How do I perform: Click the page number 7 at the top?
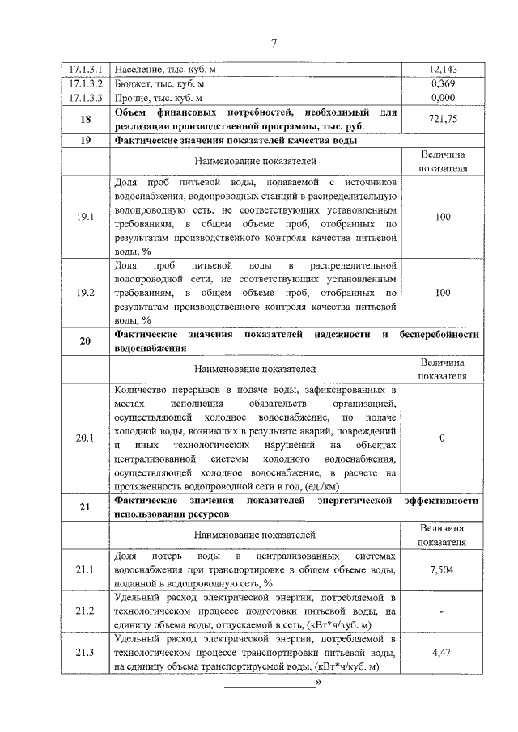(x=274, y=43)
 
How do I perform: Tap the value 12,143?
(x=442, y=70)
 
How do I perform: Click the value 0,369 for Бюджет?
(x=442, y=84)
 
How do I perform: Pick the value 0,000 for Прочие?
(x=442, y=99)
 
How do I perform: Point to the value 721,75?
(x=442, y=119)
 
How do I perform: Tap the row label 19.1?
(x=85, y=218)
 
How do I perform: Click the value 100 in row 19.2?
(x=442, y=293)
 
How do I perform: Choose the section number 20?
(x=85, y=341)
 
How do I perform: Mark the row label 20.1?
(x=85, y=438)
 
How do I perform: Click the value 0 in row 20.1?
(x=442, y=438)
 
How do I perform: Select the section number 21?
(x=85, y=507)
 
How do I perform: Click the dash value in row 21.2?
(x=442, y=611)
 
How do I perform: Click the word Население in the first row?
(x=138, y=70)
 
